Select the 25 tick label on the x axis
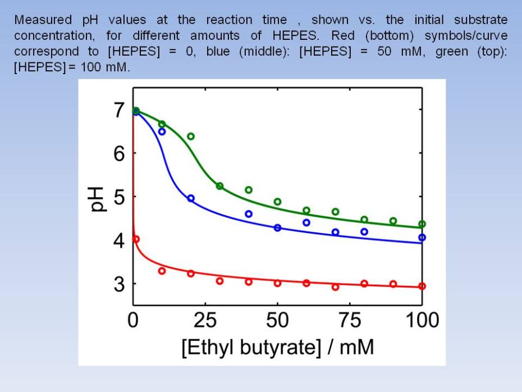(x=205, y=321)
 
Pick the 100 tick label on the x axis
(x=422, y=321)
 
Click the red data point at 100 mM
(x=422, y=286)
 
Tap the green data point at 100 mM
(x=422, y=224)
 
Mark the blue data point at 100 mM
(x=422, y=238)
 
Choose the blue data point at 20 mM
(x=191, y=198)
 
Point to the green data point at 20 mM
(x=191, y=136)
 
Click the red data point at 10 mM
(x=162, y=271)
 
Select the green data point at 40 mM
(x=249, y=190)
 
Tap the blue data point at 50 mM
(x=277, y=227)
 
